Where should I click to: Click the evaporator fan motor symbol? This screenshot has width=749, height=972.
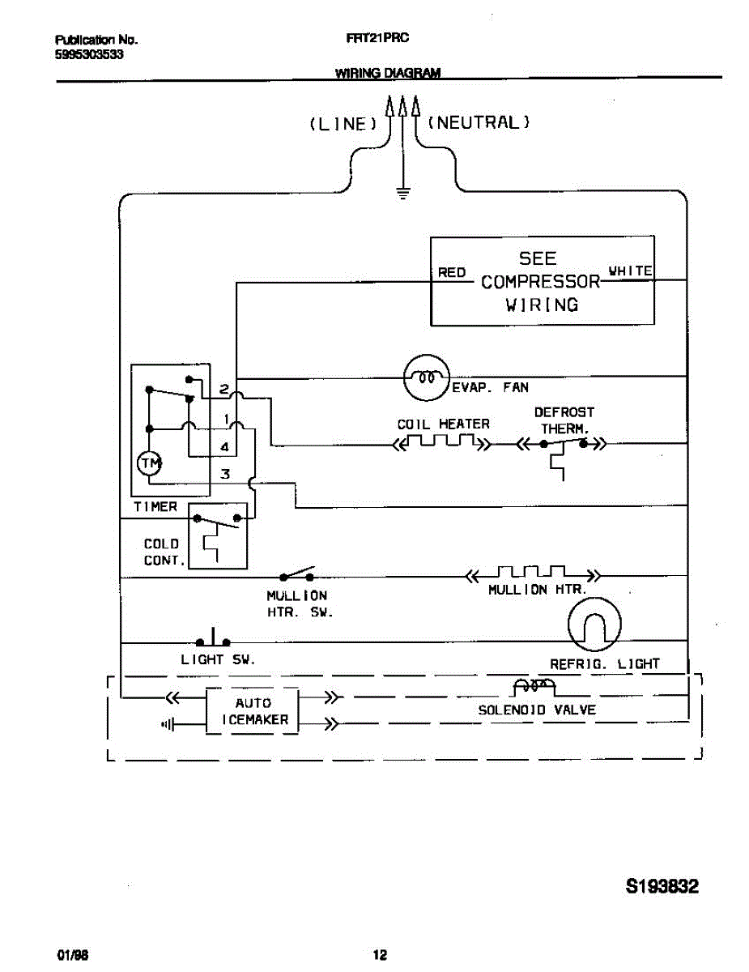[x=426, y=377]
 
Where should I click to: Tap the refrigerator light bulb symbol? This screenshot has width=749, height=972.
[x=595, y=625]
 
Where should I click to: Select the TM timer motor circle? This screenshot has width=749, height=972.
[x=150, y=463]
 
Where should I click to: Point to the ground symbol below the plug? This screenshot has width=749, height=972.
[x=402, y=193]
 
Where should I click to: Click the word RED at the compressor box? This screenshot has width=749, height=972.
[x=452, y=273]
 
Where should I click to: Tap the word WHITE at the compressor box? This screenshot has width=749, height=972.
[x=630, y=271]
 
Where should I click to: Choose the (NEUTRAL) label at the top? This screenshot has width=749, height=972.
[x=479, y=122]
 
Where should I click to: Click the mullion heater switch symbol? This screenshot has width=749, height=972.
[x=297, y=575]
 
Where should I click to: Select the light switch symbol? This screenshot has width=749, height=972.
[x=213, y=639]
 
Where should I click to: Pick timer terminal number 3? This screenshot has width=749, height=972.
[x=225, y=475]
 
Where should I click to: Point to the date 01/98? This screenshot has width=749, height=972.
[x=72, y=955]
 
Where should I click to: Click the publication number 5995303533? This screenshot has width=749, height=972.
[x=89, y=54]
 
